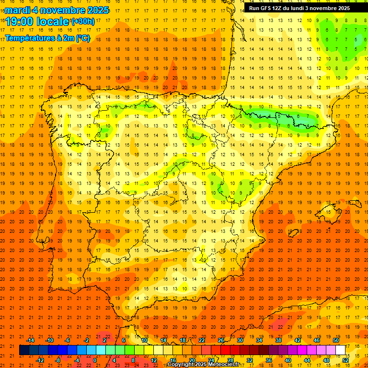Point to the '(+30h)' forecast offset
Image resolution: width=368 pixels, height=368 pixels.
83,21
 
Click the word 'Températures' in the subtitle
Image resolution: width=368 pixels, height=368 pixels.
30,38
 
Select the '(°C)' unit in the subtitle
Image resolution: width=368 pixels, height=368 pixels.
82,38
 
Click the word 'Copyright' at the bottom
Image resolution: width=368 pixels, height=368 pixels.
180,364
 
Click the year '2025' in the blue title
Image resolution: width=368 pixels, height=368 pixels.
96,10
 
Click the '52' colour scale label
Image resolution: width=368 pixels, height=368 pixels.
345,360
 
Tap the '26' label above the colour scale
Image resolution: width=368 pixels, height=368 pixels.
221,340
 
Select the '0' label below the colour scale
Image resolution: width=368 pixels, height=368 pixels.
94,360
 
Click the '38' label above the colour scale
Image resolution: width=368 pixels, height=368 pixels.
278,340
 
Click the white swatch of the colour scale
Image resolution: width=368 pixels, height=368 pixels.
340,350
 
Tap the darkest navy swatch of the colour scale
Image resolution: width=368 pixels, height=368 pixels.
24,350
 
